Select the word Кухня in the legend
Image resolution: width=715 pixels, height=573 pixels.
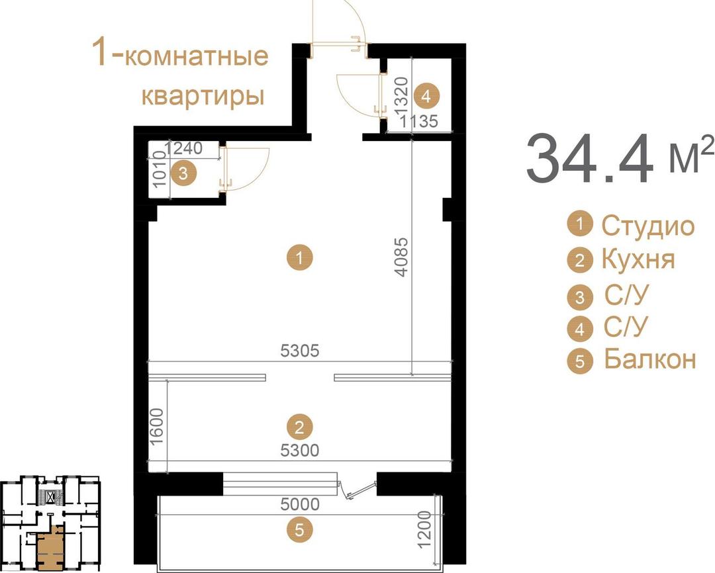(x=638, y=259)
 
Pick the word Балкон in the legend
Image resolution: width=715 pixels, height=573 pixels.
(x=650, y=359)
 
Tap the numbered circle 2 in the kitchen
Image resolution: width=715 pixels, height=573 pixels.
(x=300, y=427)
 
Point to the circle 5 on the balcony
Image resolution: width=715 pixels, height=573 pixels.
(x=300, y=530)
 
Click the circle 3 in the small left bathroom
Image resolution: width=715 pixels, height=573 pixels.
(x=183, y=173)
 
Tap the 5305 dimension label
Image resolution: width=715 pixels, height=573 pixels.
(x=300, y=351)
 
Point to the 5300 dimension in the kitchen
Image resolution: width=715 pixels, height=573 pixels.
(x=300, y=451)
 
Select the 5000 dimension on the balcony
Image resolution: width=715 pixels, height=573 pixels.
(x=300, y=504)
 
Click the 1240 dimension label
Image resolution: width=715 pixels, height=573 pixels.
(x=183, y=148)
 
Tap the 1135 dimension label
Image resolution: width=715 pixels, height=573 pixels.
(x=418, y=121)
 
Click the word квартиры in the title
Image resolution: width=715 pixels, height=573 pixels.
(x=203, y=96)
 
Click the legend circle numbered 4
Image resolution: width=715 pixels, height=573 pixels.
(x=579, y=328)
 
